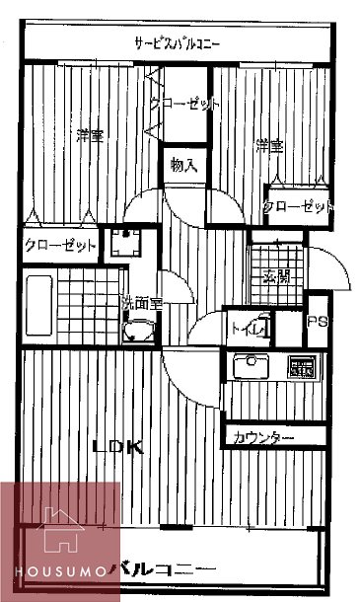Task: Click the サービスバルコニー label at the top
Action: coord(178,43)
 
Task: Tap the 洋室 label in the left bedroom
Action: coord(92,136)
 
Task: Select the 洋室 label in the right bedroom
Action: coord(269,147)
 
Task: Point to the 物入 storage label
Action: coord(183,165)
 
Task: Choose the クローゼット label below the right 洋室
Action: coord(298,206)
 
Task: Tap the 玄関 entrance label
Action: coord(275,277)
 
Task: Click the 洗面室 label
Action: coord(141,304)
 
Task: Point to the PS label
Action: coord(317,322)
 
